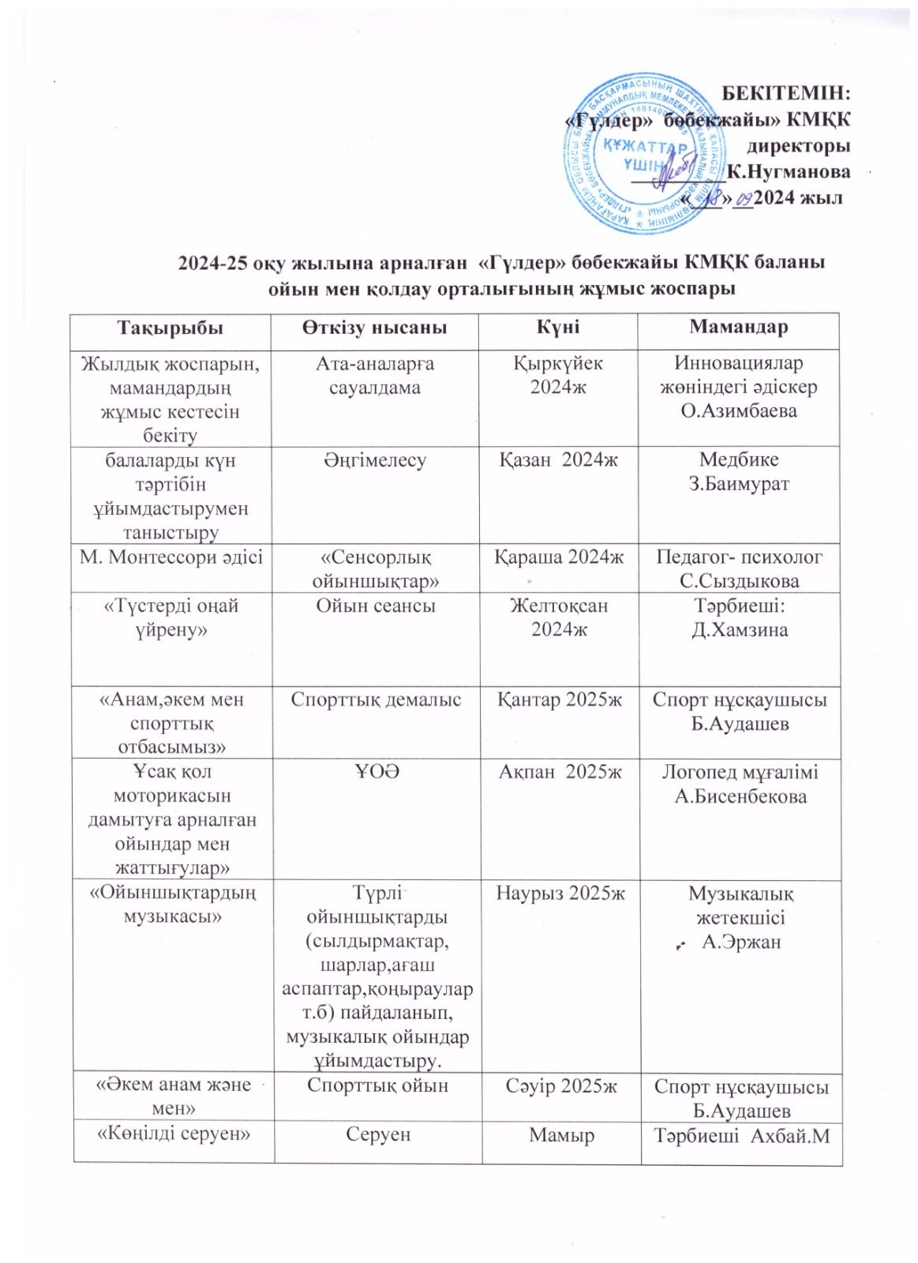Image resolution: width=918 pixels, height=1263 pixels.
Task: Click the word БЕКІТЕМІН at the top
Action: (786, 93)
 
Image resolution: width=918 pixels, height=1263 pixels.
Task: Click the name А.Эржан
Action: (741, 942)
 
